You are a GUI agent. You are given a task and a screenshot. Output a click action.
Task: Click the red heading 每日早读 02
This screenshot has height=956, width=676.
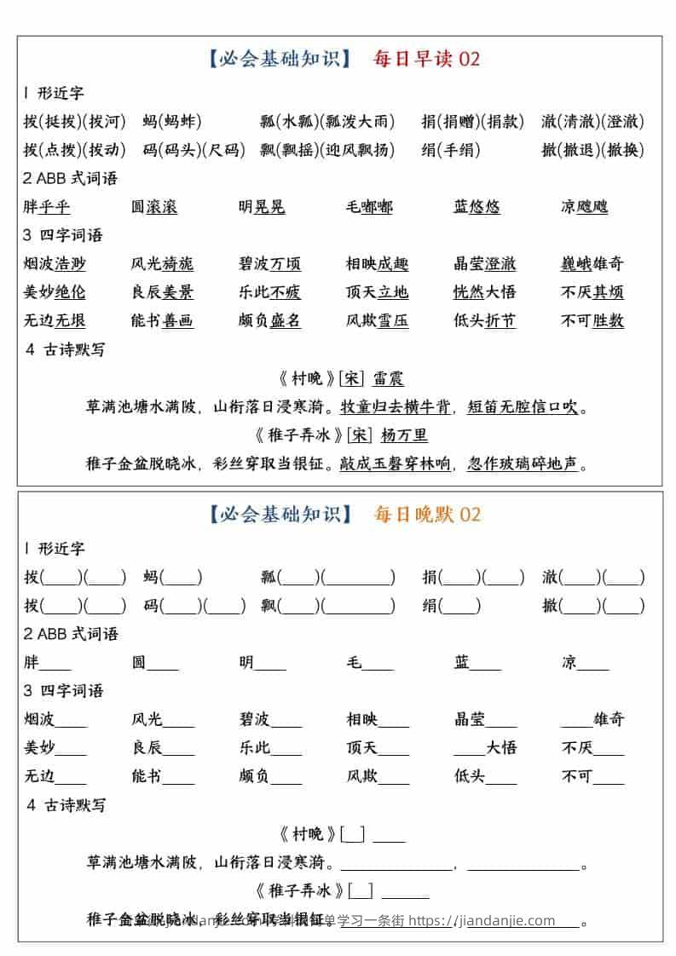pyautogui.click(x=426, y=59)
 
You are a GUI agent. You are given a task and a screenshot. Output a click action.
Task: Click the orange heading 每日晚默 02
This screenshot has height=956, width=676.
pyautogui.click(x=427, y=514)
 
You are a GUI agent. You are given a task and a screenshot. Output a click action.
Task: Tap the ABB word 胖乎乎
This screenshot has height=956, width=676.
pyautogui.click(x=47, y=207)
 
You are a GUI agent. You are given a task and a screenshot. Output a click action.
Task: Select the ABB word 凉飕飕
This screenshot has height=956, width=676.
pyautogui.click(x=584, y=207)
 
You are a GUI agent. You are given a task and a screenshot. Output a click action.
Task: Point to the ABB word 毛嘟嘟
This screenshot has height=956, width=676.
pyautogui.click(x=369, y=207)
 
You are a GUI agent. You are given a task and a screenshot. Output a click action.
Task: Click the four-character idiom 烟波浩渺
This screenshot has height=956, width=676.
pyautogui.click(x=55, y=264)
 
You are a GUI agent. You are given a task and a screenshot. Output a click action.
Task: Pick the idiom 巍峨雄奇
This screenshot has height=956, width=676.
pyautogui.click(x=592, y=264)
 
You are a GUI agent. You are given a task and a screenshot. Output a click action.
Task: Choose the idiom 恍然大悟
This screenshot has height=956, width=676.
pyautogui.click(x=484, y=292)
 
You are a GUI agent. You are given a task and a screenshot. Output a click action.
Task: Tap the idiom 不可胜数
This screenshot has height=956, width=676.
pyautogui.click(x=592, y=321)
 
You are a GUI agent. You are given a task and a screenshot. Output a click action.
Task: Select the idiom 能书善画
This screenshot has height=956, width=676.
pyautogui.click(x=162, y=321)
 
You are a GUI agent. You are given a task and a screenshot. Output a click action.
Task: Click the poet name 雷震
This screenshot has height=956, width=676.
pyautogui.click(x=389, y=378)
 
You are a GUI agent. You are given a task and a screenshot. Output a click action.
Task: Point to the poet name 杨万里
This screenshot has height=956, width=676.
pyautogui.click(x=404, y=435)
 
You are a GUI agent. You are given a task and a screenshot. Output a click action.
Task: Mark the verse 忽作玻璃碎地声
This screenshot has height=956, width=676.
pyautogui.click(x=523, y=464)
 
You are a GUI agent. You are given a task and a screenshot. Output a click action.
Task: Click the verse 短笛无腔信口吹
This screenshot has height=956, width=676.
pyautogui.click(x=523, y=407)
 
